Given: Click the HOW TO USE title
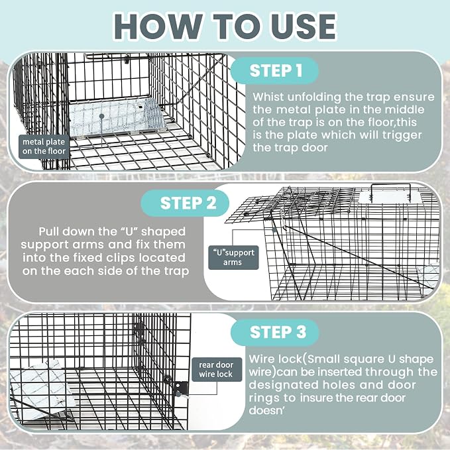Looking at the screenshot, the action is [225, 27].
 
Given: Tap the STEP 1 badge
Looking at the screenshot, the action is [274, 71].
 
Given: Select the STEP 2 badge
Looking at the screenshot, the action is [185, 203].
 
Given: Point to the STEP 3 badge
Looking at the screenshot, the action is [274, 332].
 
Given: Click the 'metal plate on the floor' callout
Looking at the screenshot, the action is [44, 146].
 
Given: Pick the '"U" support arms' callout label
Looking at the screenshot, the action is [233, 257].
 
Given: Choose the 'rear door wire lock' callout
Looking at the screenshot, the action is [217, 369].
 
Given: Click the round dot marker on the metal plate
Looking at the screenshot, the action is [101, 116].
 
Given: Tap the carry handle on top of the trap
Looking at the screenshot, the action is [390, 191].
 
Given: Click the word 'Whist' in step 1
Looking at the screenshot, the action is [268, 97].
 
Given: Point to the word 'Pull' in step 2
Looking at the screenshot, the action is [48, 231].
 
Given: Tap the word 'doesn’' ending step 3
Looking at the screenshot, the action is [266, 410].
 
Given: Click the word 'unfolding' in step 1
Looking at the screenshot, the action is [314, 97].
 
